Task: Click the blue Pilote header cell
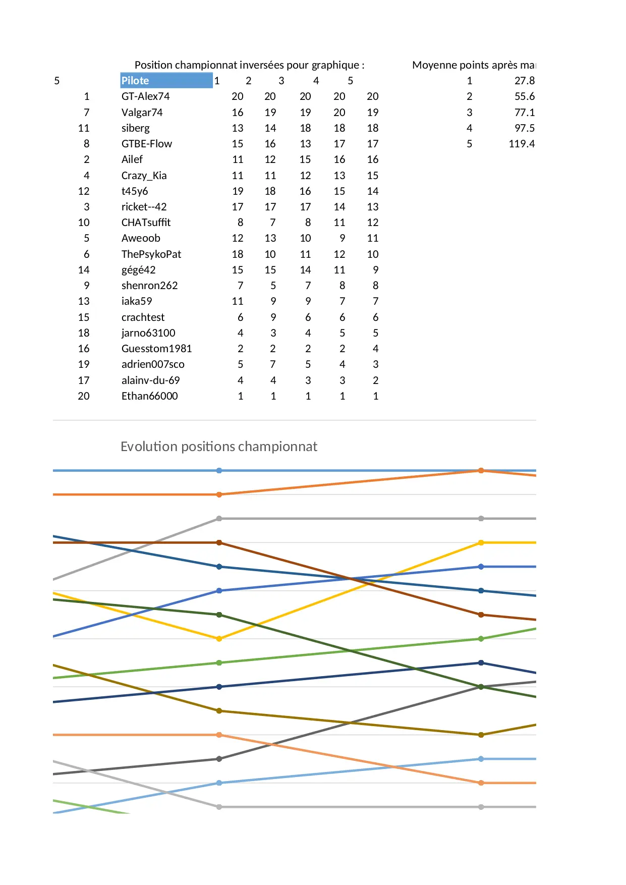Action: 166,81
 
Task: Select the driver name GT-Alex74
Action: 145,96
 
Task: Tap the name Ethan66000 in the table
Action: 149,396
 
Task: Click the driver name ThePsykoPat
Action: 151,254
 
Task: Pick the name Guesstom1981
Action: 156,349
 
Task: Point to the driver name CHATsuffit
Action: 146,223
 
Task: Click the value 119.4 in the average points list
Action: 522,144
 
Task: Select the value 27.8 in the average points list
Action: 524,81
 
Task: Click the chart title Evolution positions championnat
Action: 218,447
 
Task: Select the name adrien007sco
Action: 153,364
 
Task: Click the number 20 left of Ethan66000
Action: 84,396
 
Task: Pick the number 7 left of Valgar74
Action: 87,113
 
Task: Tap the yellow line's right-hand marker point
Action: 481,543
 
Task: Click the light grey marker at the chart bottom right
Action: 481,807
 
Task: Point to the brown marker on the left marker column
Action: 219,543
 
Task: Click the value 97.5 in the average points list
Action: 524,128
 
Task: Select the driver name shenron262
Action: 149,286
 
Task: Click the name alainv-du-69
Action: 150,380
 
